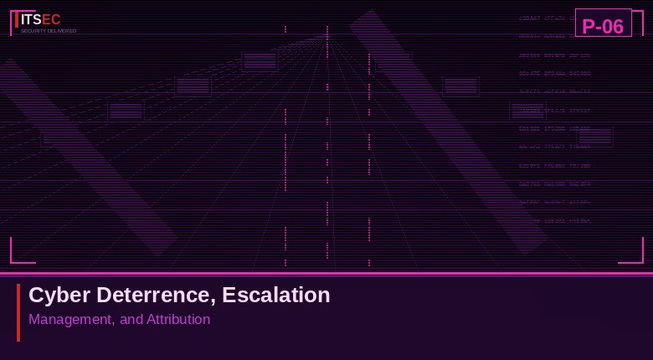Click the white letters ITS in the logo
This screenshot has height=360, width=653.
(x=31, y=19)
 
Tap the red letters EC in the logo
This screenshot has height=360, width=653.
(x=51, y=19)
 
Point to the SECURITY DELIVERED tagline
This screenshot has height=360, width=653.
(x=49, y=31)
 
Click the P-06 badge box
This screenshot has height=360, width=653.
(x=603, y=23)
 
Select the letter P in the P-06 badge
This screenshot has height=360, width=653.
(x=588, y=26)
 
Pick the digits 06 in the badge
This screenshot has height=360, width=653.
(x=613, y=26)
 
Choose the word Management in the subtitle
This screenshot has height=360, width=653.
(x=70, y=319)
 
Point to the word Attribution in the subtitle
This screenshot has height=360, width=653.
(x=178, y=319)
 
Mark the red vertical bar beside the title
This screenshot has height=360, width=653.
(x=18, y=312)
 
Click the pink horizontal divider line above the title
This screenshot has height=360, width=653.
(x=326, y=273)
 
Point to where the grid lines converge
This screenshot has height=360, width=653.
(x=326, y=35)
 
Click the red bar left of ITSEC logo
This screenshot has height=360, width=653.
(x=17, y=19)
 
